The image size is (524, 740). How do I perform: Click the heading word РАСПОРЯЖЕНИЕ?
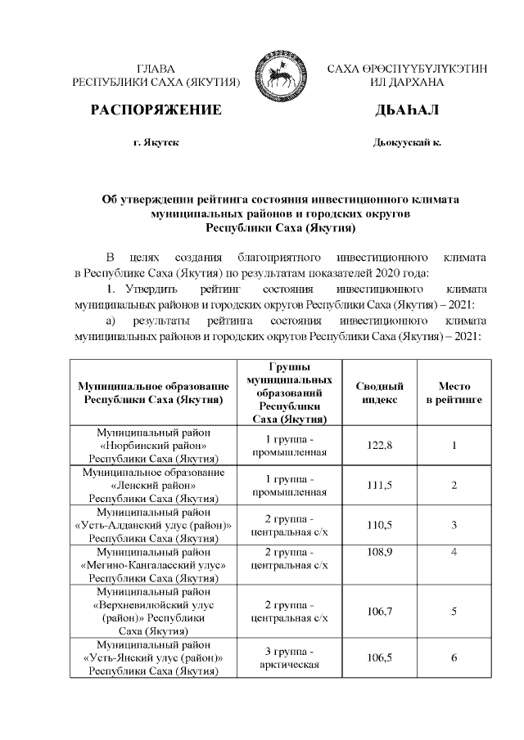pyautogui.click(x=156, y=110)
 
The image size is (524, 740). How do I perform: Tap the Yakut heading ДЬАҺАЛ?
pyautogui.click(x=407, y=110)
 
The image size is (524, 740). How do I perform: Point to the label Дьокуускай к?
pyautogui.click(x=407, y=142)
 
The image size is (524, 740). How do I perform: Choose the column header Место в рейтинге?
pyautogui.click(x=454, y=392)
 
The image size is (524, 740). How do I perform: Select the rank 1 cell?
pyautogui.click(x=454, y=445)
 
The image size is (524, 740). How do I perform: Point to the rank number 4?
pyautogui.click(x=454, y=554)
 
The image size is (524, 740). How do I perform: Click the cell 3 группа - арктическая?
pyautogui.click(x=290, y=657)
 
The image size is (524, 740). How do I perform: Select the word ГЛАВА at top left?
pyautogui.click(x=156, y=69)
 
